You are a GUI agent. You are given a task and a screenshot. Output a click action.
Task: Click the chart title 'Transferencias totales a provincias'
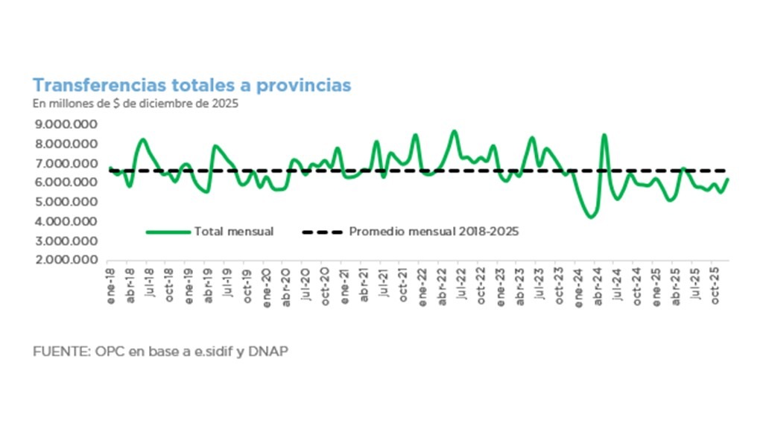point(191,86)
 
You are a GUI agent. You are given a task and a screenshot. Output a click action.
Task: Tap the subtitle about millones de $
point(135,104)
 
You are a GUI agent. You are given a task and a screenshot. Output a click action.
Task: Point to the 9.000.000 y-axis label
point(66,124)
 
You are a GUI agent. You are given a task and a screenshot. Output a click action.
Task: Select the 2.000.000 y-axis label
point(66,260)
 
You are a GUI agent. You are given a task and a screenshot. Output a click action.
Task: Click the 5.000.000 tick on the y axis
point(66,202)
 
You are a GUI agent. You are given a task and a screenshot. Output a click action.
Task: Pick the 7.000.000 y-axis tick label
point(66,163)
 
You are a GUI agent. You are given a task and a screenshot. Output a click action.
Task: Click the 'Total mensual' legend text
point(233,232)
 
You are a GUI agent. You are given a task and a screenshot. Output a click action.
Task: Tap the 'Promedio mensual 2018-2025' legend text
point(434,232)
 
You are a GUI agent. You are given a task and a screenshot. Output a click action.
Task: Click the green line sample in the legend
point(168,232)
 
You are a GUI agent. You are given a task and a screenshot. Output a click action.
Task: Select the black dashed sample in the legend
point(322,232)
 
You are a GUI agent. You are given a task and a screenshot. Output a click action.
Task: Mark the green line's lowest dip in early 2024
point(591,217)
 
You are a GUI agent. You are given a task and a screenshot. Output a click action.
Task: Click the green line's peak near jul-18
point(143,139)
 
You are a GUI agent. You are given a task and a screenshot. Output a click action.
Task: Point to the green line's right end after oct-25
point(727,179)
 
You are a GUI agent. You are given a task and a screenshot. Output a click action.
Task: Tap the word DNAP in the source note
point(270,351)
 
